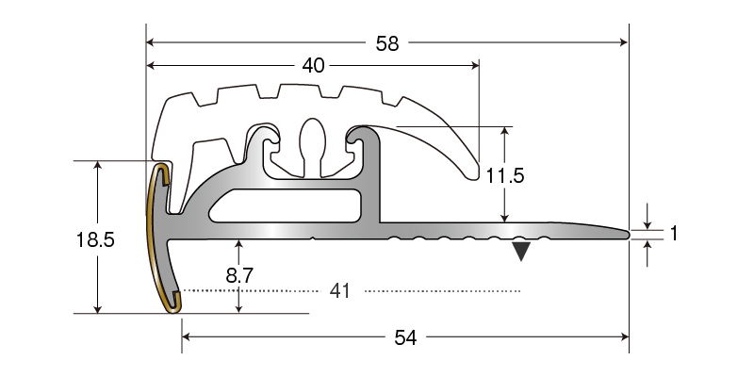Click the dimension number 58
point(387,43)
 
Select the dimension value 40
point(313,65)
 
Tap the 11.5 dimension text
point(504,176)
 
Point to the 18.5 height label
point(95,239)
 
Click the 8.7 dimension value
point(239,275)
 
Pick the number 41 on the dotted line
point(340,291)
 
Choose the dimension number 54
point(405,337)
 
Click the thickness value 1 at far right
point(674,233)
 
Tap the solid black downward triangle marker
point(521,251)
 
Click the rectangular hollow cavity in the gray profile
point(286,205)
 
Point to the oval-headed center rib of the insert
point(313,147)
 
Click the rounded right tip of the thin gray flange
point(626,234)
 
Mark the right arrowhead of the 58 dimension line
point(624,42)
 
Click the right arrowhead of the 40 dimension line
point(475,65)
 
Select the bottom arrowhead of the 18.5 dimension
point(98,308)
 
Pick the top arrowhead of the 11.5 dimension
point(504,132)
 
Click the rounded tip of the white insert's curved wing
point(474,175)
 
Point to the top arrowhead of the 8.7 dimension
point(239,245)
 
